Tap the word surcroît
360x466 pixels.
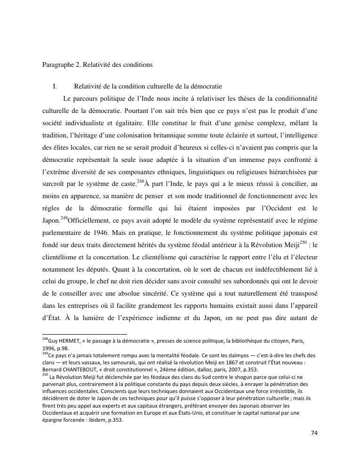point(55,185)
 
